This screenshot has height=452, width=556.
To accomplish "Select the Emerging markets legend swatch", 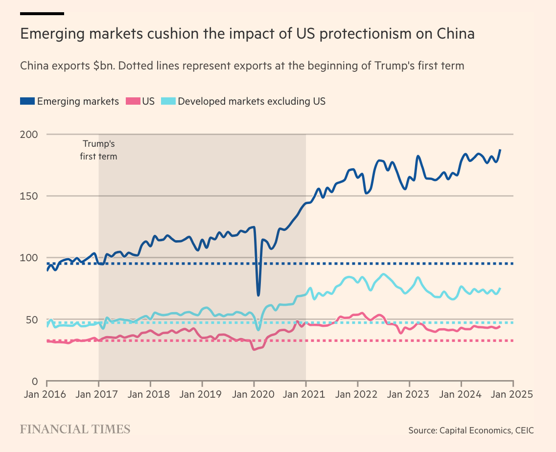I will (x=27, y=101).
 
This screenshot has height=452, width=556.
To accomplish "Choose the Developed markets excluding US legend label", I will (x=252, y=101).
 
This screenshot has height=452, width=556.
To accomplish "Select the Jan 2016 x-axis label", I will (x=46, y=394).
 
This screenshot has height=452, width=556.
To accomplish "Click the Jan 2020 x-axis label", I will (x=254, y=394).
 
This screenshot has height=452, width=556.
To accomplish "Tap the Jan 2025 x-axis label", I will (x=512, y=394).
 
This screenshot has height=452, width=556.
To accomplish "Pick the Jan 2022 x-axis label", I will (x=357, y=394).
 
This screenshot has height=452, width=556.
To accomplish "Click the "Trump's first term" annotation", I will (x=98, y=150).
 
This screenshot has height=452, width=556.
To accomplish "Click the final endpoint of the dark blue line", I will (x=500, y=150).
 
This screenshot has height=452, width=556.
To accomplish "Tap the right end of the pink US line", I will (x=500, y=326).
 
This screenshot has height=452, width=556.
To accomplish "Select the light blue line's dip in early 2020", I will (x=258, y=330).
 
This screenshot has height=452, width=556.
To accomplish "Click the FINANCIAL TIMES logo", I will (x=75, y=429).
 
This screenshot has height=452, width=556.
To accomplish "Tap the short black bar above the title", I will (x=42, y=13).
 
